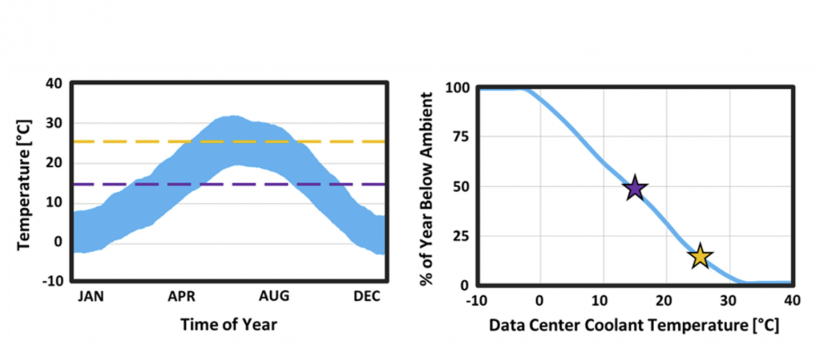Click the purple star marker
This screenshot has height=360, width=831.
point(635,189)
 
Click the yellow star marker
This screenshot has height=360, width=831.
point(700,257)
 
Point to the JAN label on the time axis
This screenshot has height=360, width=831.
point(92,297)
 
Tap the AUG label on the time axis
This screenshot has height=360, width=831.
point(275,297)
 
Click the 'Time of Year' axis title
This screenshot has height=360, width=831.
point(229,325)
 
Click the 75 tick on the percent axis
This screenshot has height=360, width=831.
point(462,137)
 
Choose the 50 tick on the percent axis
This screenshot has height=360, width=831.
point(462,186)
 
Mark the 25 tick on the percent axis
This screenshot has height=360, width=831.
point(462,236)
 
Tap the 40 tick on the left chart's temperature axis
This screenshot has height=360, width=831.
point(55,83)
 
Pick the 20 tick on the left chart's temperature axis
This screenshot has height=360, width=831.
point(55,162)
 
